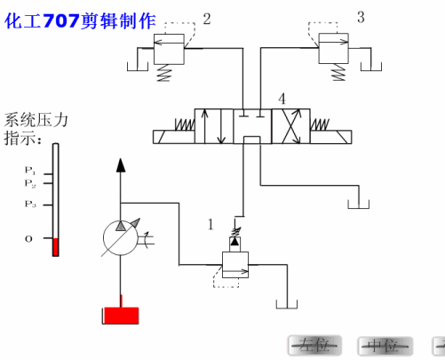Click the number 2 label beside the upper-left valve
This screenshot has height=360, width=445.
207,18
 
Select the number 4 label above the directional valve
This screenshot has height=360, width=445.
282,98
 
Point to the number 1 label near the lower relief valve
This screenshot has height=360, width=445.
211,225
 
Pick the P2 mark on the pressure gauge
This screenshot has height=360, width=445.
30,184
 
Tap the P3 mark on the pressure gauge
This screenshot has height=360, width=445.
30,204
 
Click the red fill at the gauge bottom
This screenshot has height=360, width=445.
55,247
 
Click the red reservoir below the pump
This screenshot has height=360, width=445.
120,315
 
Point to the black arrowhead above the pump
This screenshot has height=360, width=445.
121,164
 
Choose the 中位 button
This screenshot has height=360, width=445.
384,346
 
